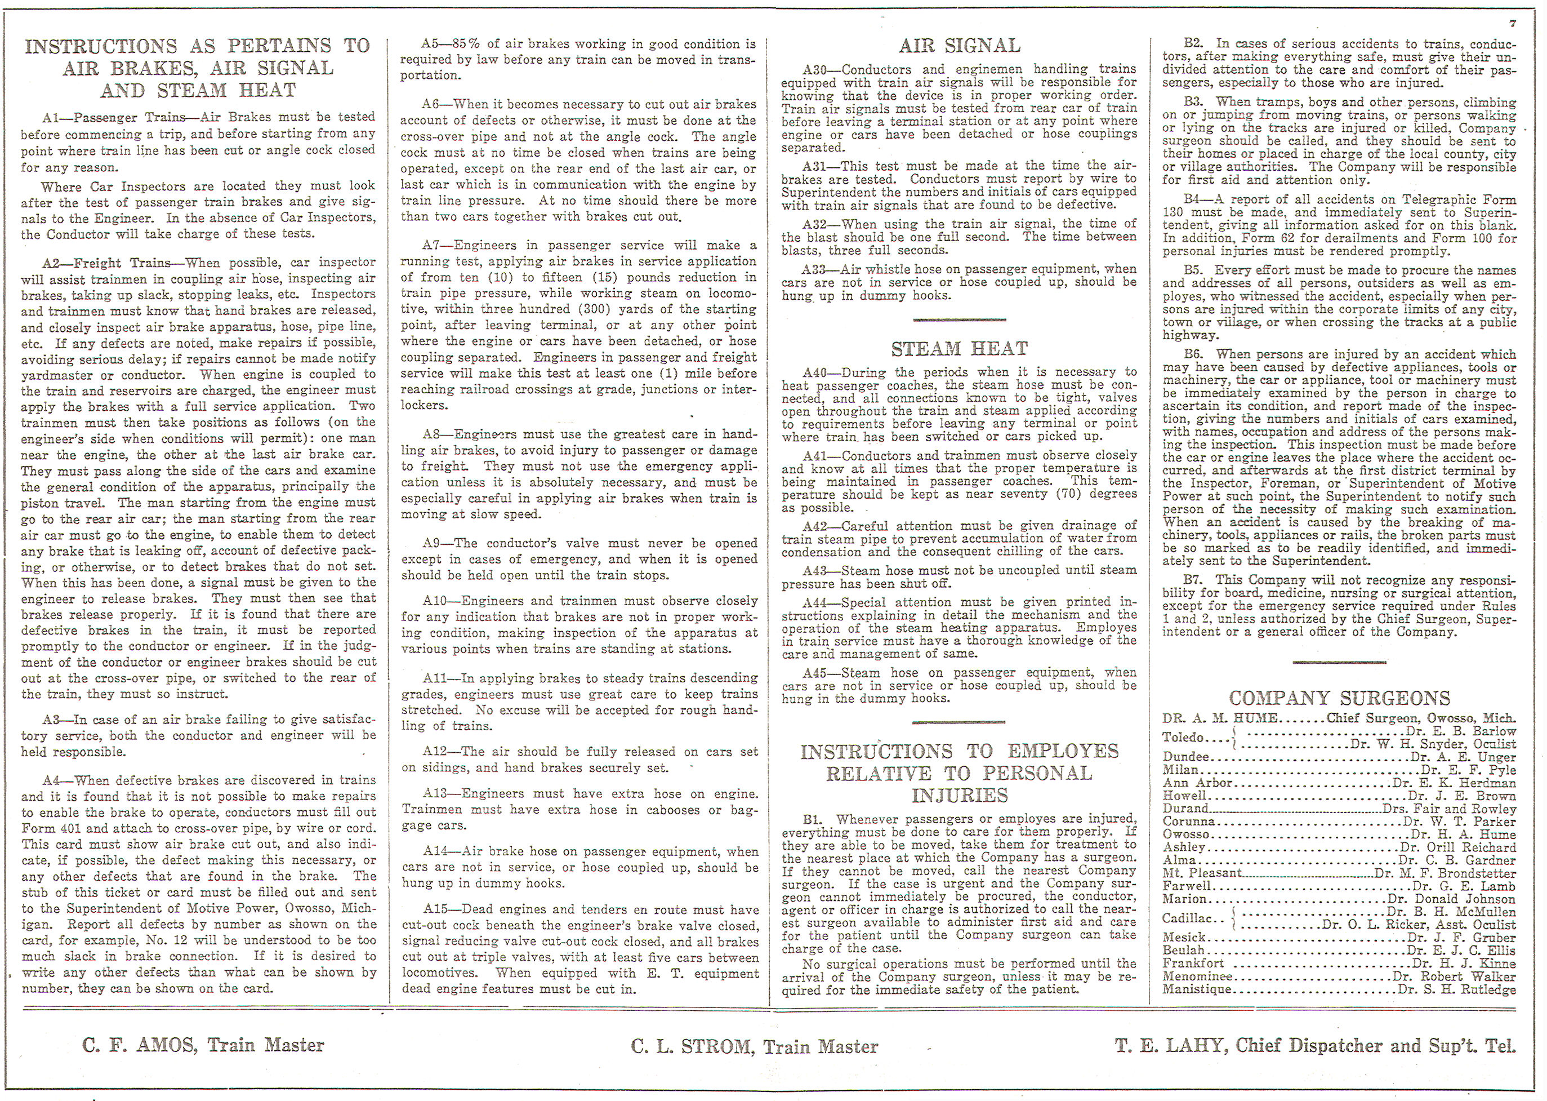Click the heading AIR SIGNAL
click(x=959, y=46)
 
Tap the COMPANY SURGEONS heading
click(x=1339, y=698)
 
